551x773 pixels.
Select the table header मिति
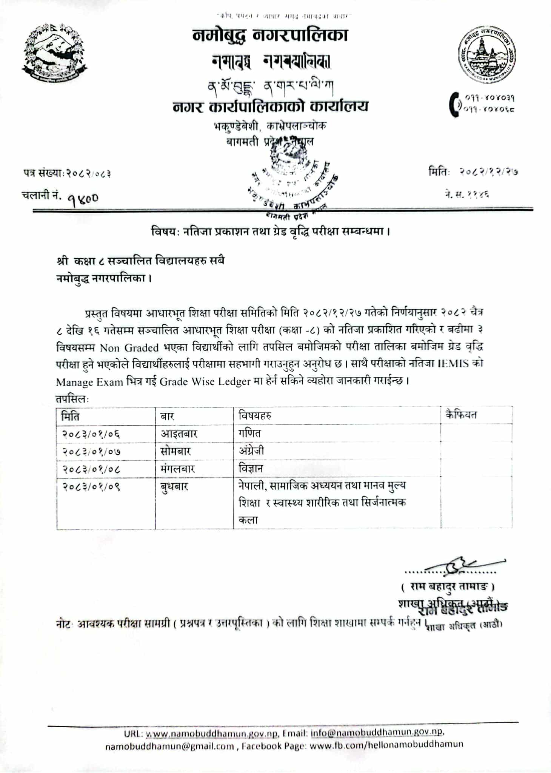(x=71, y=416)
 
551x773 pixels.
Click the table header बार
(x=167, y=416)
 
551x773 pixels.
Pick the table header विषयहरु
(x=255, y=416)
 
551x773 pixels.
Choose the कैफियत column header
(x=461, y=415)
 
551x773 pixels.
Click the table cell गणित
(x=249, y=433)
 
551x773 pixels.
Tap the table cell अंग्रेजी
(x=251, y=451)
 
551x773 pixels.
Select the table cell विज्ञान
(x=250, y=469)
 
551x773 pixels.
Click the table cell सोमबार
(x=175, y=451)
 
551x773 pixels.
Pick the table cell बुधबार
(x=174, y=486)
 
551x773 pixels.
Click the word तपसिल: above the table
(x=72, y=399)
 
